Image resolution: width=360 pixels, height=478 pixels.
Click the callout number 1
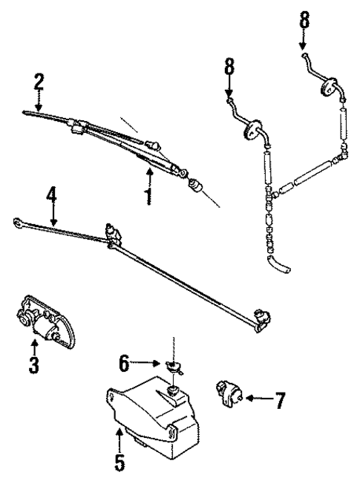point(148,197)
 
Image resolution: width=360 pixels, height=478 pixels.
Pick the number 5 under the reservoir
point(120,461)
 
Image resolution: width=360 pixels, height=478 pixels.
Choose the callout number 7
point(279,401)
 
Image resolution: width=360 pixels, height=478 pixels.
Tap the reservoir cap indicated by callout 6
point(175,366)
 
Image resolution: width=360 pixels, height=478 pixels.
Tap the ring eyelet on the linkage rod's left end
point(16,220)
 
